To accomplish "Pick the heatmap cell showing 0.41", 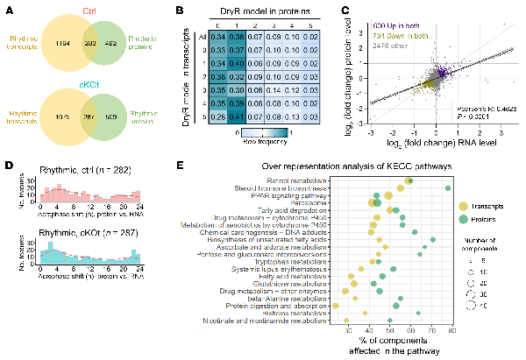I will click(x=211, y=116).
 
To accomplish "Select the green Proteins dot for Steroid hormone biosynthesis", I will click(x=449, y=187).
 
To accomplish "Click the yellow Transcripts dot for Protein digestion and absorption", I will click(x=336, y=305).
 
